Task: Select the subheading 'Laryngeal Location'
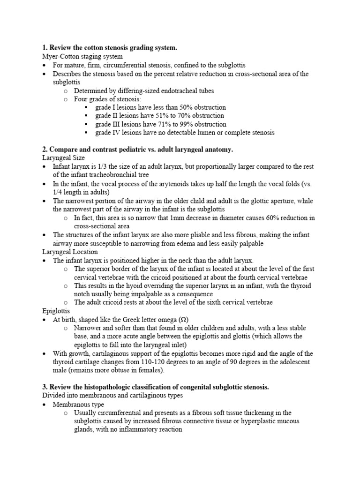[x=70, y=252]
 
